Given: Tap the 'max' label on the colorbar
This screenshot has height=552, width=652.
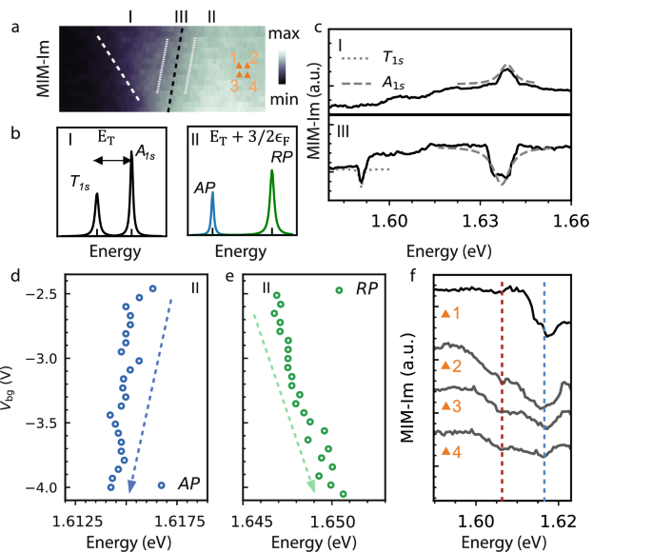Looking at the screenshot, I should [x=309, y=33].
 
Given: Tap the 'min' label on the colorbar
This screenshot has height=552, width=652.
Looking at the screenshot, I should [x=308, y=97].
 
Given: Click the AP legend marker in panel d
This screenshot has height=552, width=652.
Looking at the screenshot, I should [x=161, y=485].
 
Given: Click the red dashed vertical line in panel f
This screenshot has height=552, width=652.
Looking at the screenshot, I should [x=502, y=381].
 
